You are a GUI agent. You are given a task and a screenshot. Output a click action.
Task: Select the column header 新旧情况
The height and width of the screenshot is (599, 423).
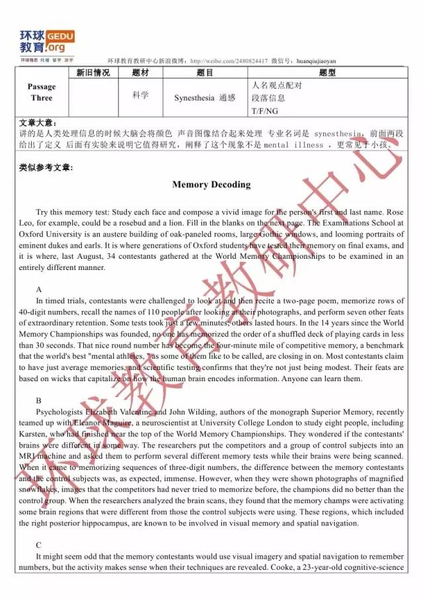click(93, 73)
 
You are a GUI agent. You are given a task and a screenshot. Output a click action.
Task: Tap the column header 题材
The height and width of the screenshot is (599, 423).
click(141, 73)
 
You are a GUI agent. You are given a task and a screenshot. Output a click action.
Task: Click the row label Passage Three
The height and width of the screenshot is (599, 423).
click(42, 92)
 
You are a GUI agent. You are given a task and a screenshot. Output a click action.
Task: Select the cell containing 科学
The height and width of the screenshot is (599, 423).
click(140, 95)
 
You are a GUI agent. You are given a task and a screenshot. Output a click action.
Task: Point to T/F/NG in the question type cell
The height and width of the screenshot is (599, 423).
click(264, 111)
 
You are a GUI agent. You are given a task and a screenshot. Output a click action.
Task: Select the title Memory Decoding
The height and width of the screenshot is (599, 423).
click(211, 185)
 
